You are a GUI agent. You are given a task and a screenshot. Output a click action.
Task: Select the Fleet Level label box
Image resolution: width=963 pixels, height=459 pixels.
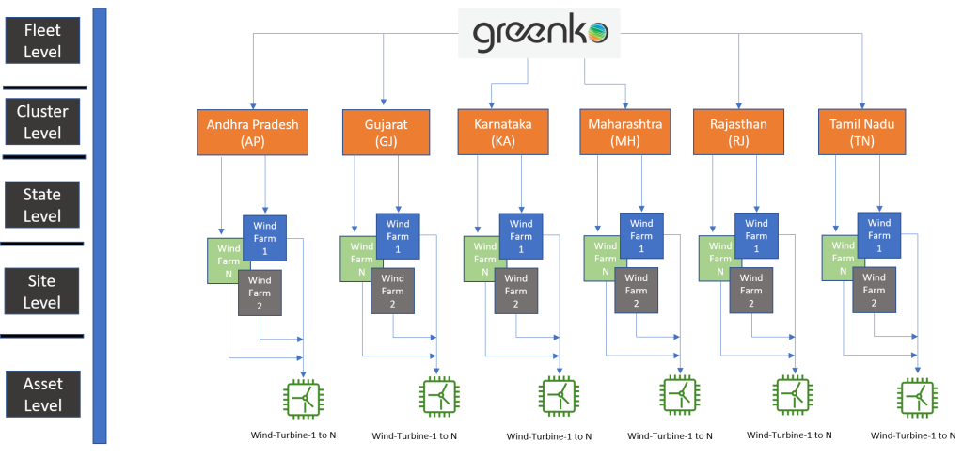(x=43, y=40)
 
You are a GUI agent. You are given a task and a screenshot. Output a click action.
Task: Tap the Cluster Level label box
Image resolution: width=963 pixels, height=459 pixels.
(x=43, y=122)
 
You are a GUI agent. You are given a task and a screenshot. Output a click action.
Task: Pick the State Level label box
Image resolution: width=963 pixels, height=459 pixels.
(x=43, y=205)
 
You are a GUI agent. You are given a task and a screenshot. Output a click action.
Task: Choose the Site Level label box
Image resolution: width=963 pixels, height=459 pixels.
(x=43, y=292)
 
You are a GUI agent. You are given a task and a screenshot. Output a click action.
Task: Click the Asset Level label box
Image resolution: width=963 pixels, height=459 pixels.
(x=43, y=393)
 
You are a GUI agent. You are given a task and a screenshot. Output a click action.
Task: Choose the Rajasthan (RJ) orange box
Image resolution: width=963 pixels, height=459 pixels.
(x=738, y=133)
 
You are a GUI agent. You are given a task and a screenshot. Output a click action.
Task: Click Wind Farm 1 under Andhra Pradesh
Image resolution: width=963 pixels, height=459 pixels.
(x=265, y=236)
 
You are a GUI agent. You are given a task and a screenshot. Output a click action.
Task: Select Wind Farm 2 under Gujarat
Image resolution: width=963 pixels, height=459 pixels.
(x=393, y=291)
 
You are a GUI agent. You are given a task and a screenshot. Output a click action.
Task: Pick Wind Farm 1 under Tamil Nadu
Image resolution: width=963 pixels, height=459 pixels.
(x=879, y=236)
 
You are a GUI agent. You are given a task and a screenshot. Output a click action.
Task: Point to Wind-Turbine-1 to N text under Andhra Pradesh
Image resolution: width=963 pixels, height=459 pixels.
(x=292, y=435)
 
